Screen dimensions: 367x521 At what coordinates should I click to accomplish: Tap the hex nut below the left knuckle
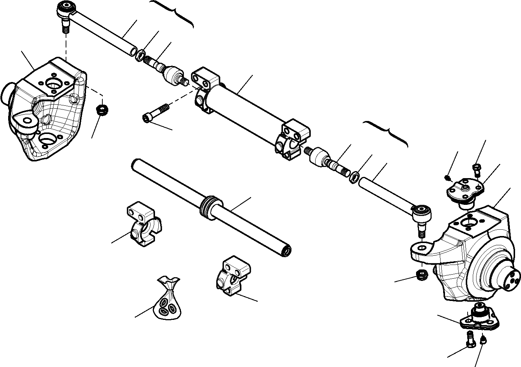coord(101,109)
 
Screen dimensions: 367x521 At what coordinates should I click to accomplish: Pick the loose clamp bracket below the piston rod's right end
coord(233,276)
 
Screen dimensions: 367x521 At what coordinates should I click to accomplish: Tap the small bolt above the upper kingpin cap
coord(477,169)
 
